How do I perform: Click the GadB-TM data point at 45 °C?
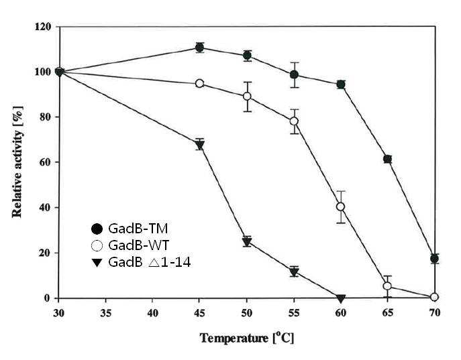coord(199,48)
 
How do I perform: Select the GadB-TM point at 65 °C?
coord(387,159)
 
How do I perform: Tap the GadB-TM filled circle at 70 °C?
coord(435,259)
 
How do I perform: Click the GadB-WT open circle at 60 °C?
coord(341,206)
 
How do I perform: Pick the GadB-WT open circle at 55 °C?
coord(294,121)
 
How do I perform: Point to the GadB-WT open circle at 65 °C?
coord(387,286)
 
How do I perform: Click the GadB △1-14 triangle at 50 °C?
coord(247,242)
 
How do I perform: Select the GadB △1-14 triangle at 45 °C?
coord(199,145)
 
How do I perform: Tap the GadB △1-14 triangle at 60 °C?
coord(341,299)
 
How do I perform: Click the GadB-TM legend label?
coord(138,229)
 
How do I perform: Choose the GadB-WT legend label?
coord(139,245)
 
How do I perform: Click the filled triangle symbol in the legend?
coord(97,263)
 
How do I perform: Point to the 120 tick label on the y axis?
coord(43,27)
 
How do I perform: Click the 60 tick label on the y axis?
coord(46,162)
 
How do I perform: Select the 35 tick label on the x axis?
coord(105,313)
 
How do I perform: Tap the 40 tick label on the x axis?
coord(152,313)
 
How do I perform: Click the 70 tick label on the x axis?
coord(435,313)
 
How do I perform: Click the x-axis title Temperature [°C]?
coord(247,338)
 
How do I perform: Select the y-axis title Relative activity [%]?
coord(17,162)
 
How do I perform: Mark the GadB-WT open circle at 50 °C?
coord(247,97)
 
